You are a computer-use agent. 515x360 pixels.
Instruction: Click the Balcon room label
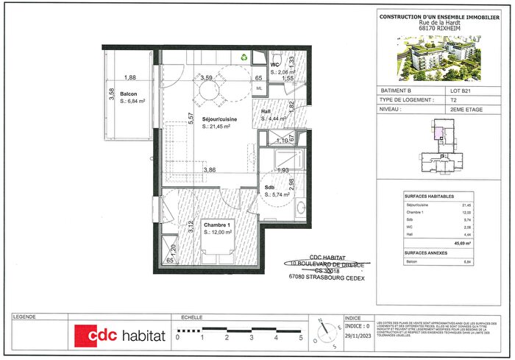(129, 93)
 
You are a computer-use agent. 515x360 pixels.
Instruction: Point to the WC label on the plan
(274, 65)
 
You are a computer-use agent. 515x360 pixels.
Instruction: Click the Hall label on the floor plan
(266, 111)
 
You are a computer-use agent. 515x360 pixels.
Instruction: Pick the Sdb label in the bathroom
(269, 188)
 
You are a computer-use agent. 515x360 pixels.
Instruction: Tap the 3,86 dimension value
(210, 170)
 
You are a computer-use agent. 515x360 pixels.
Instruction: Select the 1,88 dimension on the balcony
(130, 77)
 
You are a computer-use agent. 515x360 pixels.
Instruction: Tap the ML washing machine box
(259, 88)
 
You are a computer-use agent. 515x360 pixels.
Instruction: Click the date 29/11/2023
(357, 335)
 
